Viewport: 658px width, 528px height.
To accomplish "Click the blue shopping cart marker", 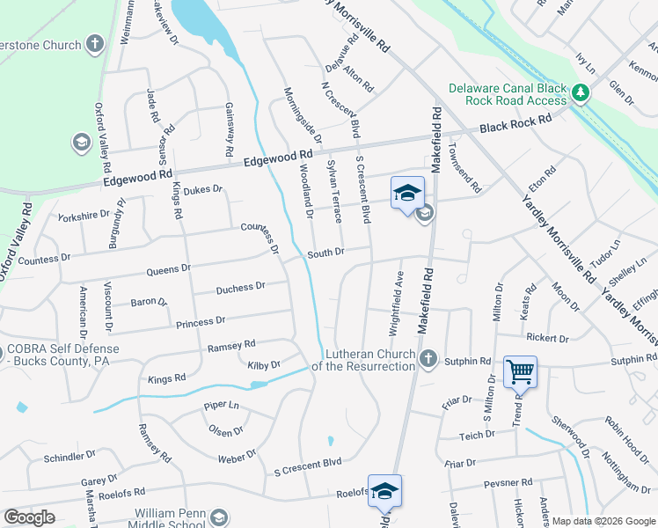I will click(x=520, y=372).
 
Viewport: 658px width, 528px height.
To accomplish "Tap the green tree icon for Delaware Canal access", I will click(x=580, y=92).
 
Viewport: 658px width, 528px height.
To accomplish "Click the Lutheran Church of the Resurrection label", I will click(x=369, y=361).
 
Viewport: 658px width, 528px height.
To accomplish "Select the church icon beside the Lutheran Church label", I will click(x=428, y=358).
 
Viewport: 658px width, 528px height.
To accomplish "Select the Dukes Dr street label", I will click(x=203, y=188).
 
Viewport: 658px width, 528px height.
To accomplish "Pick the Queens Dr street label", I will click(x=168, y=268).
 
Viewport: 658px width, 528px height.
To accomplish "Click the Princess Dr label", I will click(x=201, y=322).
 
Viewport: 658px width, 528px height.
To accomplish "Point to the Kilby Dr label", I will click(x=263, y=364).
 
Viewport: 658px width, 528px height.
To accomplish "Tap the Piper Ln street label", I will click(x=221, y=406).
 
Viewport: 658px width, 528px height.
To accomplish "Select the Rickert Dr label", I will click(x=548, y=337).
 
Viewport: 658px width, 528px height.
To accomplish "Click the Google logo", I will click(x=29, y=517).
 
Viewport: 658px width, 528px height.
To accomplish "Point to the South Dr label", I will click(x=325, y=253).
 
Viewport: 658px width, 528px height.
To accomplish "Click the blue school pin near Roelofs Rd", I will click(x=384, y=491).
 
